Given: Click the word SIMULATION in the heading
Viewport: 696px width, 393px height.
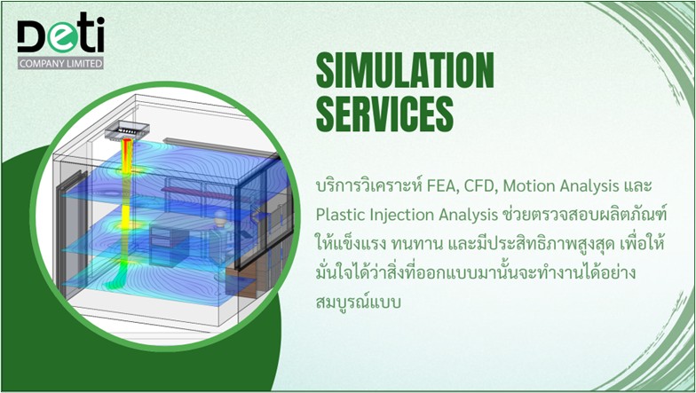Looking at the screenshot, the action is pos(405,70).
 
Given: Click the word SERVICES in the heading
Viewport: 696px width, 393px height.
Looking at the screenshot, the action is pos(384,114).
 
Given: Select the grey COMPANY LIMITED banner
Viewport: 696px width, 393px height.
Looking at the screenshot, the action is pos(60,63).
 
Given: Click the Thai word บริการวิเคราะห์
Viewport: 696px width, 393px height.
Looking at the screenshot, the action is pos(369,185).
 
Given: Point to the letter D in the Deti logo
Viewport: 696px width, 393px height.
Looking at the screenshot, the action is pos(32,35).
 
